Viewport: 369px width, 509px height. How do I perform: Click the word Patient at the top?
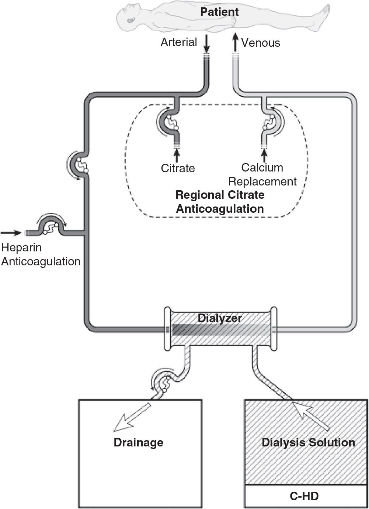[219, 12]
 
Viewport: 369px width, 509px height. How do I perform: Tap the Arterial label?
[179, 42]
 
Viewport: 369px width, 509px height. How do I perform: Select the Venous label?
[261, 43]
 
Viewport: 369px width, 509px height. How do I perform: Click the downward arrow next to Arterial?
[206, 44]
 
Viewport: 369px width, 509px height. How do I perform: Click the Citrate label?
[178, 168]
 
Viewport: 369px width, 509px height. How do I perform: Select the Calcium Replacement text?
[262, 174]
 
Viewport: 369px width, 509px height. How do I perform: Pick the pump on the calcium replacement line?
[270, 123]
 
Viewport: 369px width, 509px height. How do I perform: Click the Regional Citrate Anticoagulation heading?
[220, 202]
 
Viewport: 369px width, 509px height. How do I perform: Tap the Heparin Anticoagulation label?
[41, 254]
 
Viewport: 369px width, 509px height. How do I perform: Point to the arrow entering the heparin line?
[11, 233]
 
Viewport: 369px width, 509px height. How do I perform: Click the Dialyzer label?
[220, 318]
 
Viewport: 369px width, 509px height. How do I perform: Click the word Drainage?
[138, 442]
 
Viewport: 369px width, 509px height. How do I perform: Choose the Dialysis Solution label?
[308, 442]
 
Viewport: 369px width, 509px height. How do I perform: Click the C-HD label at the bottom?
[304, 496]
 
